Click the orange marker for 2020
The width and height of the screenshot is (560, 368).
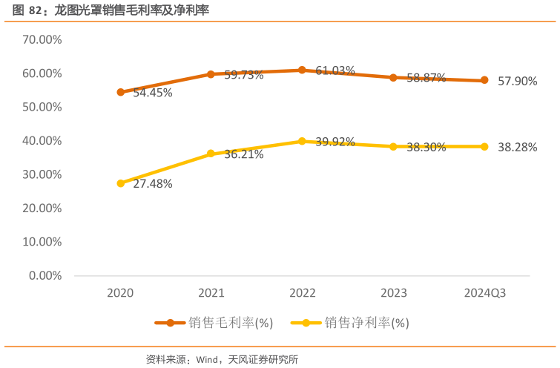point(120,92)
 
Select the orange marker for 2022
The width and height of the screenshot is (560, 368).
point(302,70)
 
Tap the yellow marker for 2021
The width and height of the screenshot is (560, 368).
point(211,154)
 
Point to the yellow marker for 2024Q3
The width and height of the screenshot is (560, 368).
point(484,146)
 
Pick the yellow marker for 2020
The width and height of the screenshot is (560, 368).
point(120,183)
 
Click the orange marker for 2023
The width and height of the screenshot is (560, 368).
point(393,77)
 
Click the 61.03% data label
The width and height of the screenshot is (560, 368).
point(335,70)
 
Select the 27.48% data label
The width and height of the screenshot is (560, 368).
point(153,184)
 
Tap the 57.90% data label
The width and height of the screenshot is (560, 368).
point(518,81)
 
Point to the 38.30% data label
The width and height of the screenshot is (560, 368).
point(426,147)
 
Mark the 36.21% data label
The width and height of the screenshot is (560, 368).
point(244,154)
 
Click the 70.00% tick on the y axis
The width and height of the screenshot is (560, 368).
point(42,39)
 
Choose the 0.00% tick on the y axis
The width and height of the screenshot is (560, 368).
point(45,275)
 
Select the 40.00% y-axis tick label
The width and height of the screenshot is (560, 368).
point(42,140)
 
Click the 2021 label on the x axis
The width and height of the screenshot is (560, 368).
point(211,293)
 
